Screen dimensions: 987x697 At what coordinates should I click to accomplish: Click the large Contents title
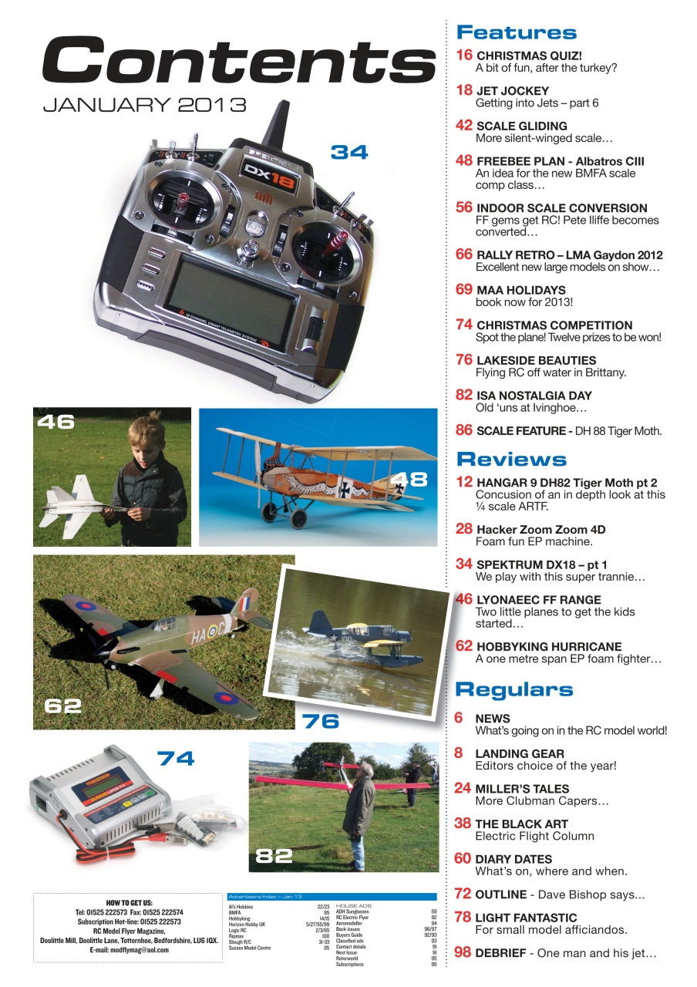(239, 61)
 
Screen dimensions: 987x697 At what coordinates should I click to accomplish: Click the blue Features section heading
(516, 32)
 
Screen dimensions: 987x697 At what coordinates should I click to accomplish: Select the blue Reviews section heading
(511, 460)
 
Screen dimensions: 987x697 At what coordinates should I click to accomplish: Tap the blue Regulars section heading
(514, 689)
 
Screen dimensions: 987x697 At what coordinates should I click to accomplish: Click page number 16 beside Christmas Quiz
(464, 56)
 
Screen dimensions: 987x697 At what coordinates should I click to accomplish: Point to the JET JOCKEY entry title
(513, 91)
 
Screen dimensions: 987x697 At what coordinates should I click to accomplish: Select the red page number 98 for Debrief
(463, 953)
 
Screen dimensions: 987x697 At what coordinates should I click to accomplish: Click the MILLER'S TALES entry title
(522, 789)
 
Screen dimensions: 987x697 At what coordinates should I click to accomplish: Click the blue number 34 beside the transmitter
(349, 153)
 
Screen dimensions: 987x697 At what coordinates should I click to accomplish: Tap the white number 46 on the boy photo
(56, 422)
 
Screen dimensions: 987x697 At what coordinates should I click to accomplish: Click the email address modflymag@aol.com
(129, 950)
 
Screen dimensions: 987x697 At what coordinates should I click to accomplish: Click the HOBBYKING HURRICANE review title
(549, 646)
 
